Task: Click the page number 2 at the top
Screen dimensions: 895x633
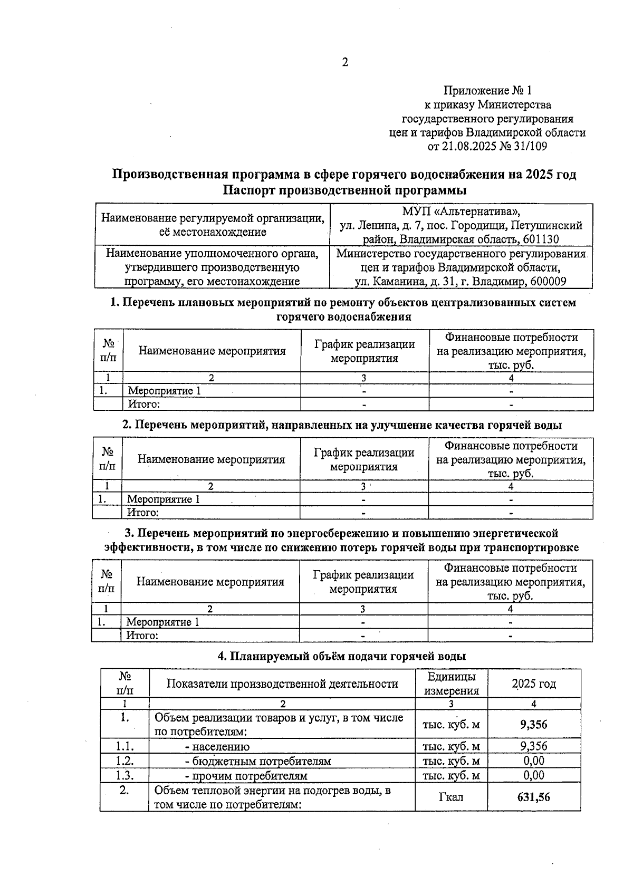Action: click(x=345, y=63)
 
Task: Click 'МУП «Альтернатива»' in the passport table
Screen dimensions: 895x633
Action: click(x=461, y=211)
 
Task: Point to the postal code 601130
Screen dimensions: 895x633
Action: click(x=541, y=239)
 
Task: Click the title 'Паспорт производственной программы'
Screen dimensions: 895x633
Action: click(x=344, y=189)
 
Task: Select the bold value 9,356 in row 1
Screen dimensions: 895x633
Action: click(x=534, y=725)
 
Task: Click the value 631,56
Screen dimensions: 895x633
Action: click(x=534, y=797)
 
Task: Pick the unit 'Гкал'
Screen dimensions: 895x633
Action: click(x=451, y=797)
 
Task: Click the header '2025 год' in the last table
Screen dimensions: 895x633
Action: click(x=534, y=684)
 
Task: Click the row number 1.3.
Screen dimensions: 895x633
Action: click(x=124, y=775)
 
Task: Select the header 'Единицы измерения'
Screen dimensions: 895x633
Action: click(x=451, y=684)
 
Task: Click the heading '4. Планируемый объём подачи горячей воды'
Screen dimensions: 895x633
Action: click(x=342, y=657)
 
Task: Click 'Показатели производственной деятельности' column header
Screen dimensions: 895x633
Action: click(x=282, y=684)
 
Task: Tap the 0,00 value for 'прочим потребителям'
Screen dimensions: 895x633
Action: click(x=534, y=775)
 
